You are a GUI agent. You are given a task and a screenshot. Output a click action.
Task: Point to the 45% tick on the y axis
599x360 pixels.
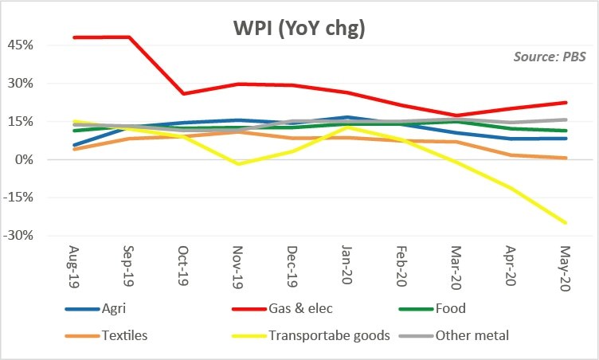pos(21,45)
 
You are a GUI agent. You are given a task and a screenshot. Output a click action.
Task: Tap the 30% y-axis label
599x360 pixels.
pos(21,84)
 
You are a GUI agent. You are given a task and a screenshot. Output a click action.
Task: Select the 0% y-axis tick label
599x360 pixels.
pos(24,160)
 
